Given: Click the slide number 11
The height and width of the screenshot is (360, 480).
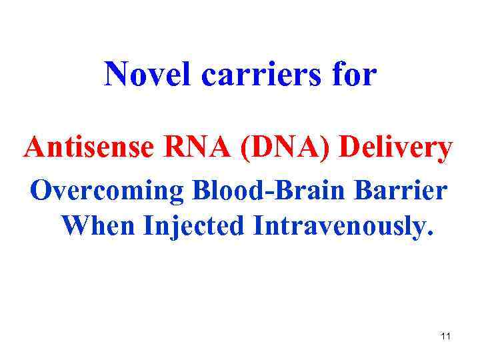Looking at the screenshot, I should (445, 337).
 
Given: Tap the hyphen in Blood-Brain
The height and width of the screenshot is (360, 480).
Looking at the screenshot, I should (262, 193).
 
